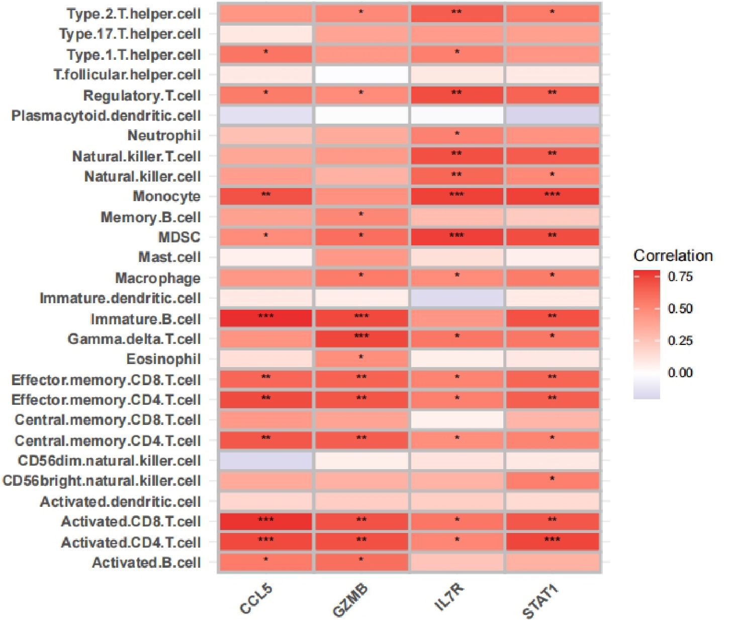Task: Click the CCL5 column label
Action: (x=256, y=599)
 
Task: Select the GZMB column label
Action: (x=350, y=600)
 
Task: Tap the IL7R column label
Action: (x=448, y=598)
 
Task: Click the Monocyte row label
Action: (x=166, y=196)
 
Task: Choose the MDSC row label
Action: (x=179, y=237)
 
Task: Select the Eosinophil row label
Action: (x=163, y=359)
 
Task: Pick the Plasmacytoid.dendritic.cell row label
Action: (x=106, y=116)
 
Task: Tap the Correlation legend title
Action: (x=673, y=255)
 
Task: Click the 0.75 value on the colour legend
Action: (x=680, y=277)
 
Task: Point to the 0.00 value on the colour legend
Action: (x=680, y=373)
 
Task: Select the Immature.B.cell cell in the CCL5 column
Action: (x=266, y=318)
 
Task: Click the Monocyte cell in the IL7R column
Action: (x=457, y=196)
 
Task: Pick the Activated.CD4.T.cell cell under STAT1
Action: (x=552, y=542)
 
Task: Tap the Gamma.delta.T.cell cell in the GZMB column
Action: (x=361, y=338)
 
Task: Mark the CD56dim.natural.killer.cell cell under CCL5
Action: (x=266, y=461)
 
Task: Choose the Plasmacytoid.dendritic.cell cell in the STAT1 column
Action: (x=552, y=116)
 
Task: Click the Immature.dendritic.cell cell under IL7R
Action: (x=457, y=298)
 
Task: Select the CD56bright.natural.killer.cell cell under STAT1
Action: (x=552, y=481)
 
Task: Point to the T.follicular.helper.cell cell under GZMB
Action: (x=361, y=75)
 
